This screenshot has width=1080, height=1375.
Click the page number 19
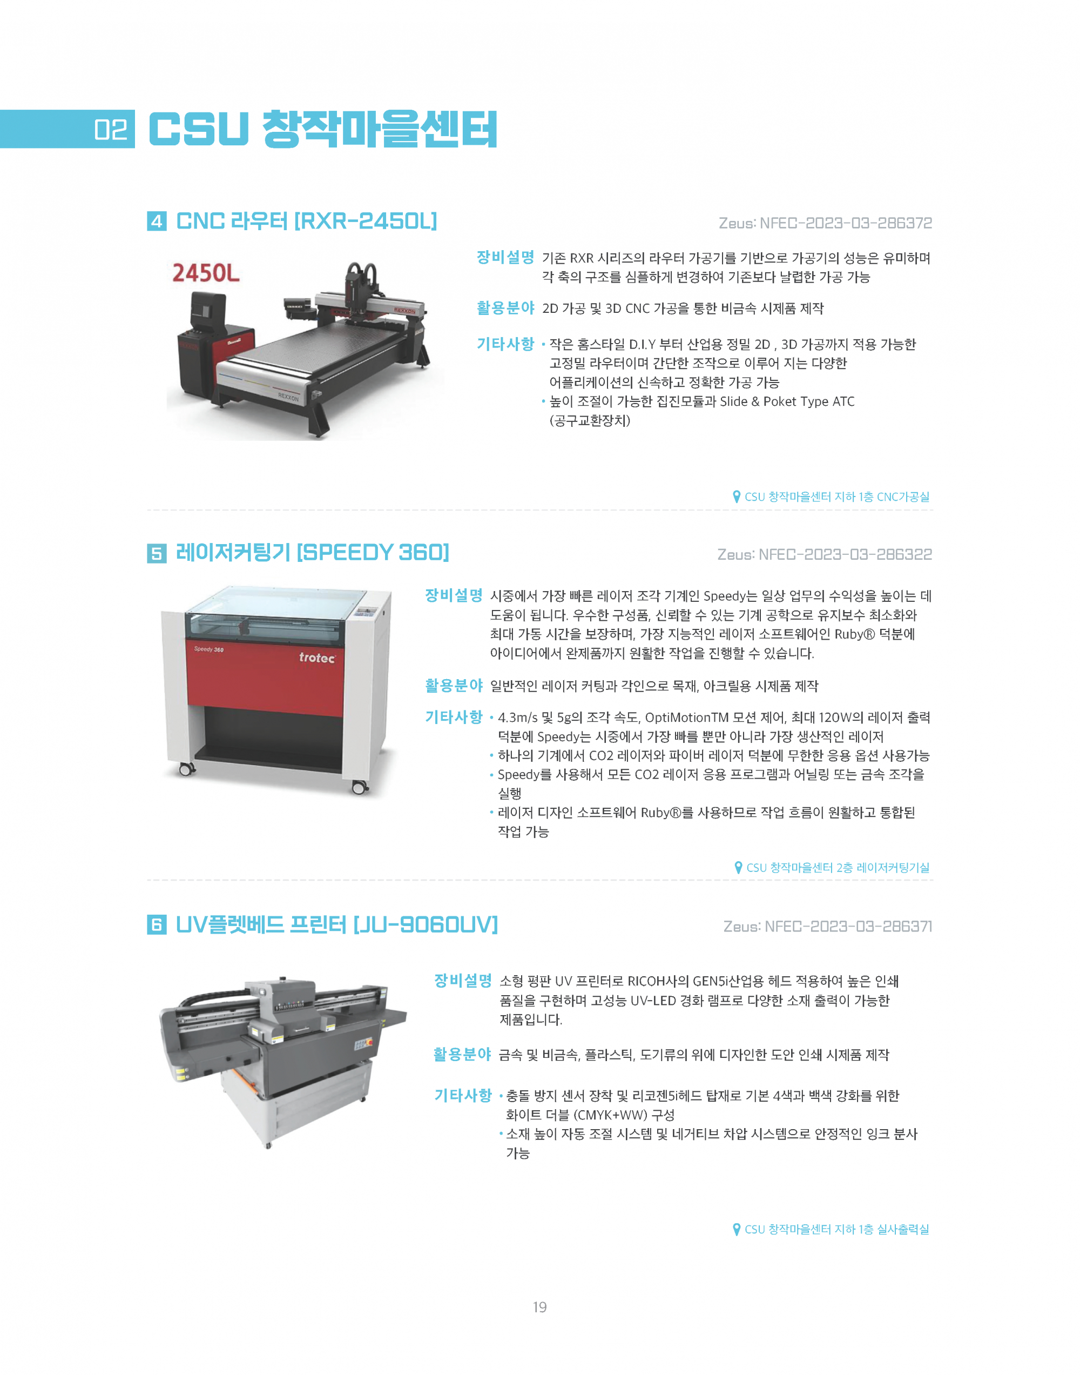point(539,1307)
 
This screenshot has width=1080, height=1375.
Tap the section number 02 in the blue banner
point(111,130)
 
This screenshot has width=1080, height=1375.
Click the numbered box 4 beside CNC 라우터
point(157,221)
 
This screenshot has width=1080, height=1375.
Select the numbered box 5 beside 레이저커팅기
point(157,553)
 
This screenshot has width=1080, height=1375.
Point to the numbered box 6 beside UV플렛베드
point(157,924)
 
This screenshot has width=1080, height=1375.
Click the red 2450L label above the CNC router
point(206,273)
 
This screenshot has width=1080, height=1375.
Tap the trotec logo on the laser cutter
point(317,658)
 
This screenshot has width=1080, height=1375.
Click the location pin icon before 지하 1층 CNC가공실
point(737,497)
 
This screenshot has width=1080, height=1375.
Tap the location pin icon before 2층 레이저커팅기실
point(739,867)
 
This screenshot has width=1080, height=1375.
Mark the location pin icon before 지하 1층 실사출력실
point(737,1230)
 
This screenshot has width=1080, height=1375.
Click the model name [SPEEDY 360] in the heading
point(373,553)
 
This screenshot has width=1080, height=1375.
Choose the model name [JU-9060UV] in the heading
point(426,924)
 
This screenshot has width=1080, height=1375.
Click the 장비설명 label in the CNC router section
point(505,257)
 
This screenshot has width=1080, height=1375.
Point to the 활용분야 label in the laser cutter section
point(454,686)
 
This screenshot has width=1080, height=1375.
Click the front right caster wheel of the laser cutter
point(359,787)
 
